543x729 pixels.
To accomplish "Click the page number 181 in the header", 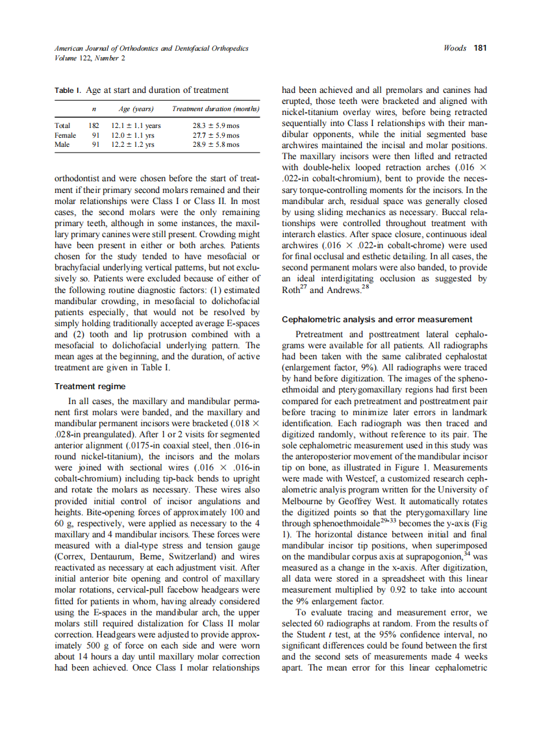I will pyautogui.click(x=481, y=48).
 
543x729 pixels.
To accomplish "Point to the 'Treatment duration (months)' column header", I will pyautogui.click(x=216, y=109).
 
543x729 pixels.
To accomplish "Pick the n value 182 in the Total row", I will pyautogui.click(x=94, y=126).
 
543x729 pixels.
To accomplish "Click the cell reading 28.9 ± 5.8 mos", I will pyautogui.click(x=216, y=144).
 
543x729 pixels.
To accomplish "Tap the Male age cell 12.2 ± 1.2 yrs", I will pyautogui.click(x=133, y=144).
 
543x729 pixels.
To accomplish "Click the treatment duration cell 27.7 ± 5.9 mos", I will pyautogui.click(x=216, y=135).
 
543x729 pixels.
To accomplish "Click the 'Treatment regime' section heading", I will pyautogui.click(x=84, y=386).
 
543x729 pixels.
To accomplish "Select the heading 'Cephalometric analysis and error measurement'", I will pyautogui.click(x=377, y=319).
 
